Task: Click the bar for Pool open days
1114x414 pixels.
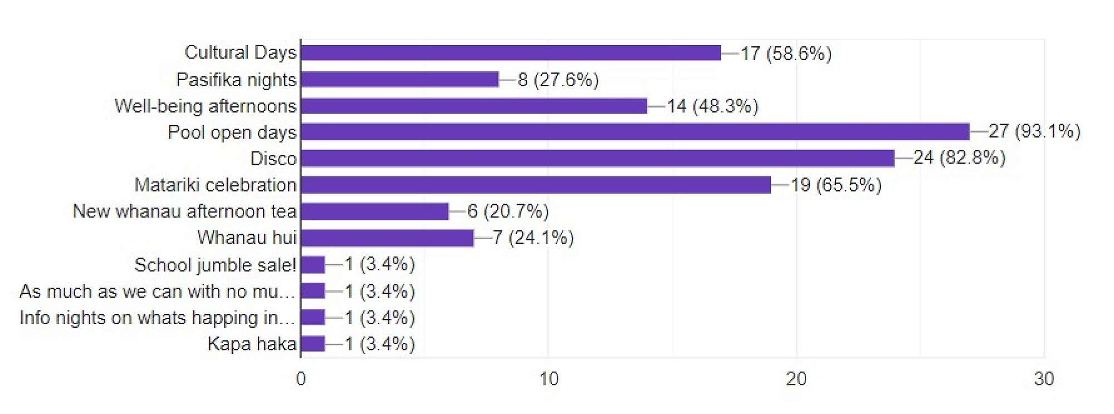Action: (x=635, y=132)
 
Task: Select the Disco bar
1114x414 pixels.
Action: (x=598, y=159)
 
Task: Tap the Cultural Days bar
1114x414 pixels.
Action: (x=511, y=53)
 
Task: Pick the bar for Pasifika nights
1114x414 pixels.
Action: (x=399, y=80)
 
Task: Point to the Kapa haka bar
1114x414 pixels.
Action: (x=313, y=344)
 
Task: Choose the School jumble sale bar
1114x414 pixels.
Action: (x=313, y=264)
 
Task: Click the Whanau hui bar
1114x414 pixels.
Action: (x=387, y=238)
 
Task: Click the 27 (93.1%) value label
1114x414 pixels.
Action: (x=1034, y=131)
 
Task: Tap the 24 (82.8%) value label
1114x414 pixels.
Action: (x=959, y=158)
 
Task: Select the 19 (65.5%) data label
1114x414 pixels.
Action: (x=836, y=185)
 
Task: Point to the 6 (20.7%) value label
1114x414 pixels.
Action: (x=508, y=211)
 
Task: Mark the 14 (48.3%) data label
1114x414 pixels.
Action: (x=712, y=106)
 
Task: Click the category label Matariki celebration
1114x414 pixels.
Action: (x=215, y=185)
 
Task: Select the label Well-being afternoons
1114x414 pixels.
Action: (x=206, y=106)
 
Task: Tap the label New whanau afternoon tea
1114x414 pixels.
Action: (x=184, y=211)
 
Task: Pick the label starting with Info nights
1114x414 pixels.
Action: (x=157, y=318)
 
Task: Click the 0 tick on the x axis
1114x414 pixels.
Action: (x=301, y=379)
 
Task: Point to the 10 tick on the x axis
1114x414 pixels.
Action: (x=549, y=379)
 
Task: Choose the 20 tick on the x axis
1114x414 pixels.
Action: (x=796, y=379)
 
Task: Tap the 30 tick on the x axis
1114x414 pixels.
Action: (x=1044, y=379)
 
